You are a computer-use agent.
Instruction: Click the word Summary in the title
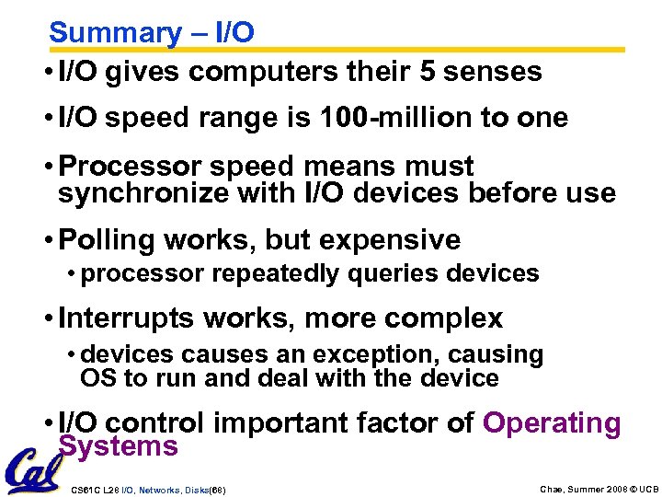(x=116, y=33)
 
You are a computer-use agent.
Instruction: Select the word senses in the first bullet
(x=499, y=72)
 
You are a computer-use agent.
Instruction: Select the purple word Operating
(x=552, y=423)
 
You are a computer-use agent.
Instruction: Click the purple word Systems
(x=118, y=447)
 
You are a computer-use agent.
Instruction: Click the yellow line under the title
(x=368, y=50)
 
